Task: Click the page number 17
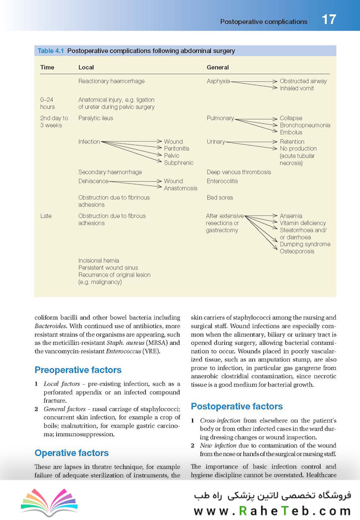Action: tap(329, 20)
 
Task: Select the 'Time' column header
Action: tap(47, 67)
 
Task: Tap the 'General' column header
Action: tap(218, 67)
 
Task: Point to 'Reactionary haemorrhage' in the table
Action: tap(111, 81)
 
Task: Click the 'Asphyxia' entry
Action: tap(218, 81)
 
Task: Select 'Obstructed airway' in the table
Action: tap(303, 81)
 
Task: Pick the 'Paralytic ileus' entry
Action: tap(96, 118)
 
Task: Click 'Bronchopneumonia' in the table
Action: tap(305, 125)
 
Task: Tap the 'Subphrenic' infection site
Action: tap(179, 163)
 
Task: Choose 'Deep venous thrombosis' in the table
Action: tap(239, 172)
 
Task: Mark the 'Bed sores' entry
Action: tap(219, 197)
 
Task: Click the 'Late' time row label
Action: tap(46, 216)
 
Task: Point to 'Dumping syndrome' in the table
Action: tap(305, 244)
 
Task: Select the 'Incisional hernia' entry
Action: tap(99, 260)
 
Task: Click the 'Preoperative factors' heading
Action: tap(78, 370)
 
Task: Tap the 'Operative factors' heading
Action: tap(72, 453)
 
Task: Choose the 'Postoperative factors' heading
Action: tap(237, 406)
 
